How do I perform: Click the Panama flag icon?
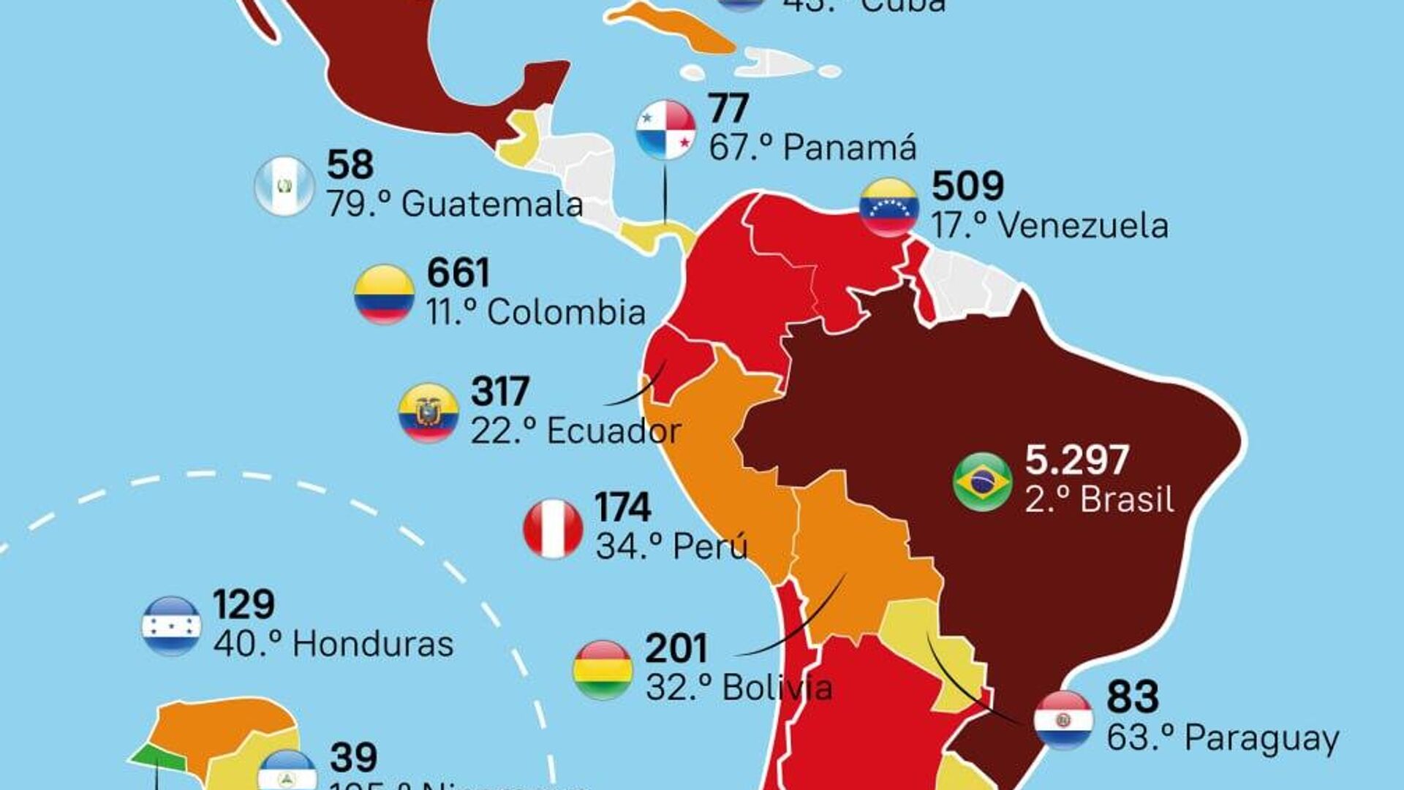click(x=665, y=130)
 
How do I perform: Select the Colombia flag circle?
click(x=384, y=295)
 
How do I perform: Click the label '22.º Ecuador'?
click(x=575, y=431)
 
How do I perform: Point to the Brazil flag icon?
click(x=982, y=482)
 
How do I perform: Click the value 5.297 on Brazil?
click(x=1076, y=460)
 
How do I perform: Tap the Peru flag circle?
click(x=553, y=528)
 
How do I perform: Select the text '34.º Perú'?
click(x=671, y=547)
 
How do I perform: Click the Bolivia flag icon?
click(x=603, y=669)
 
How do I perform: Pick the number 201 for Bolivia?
click(x=676, y=649)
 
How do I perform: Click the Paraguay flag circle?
click(x=1063, y=721)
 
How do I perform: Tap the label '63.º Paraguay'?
click(x=1222, y=738)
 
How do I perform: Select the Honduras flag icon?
click(x=171, y=626)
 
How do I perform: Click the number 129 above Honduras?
click(x=244, y=604)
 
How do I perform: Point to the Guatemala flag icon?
click(x=284, y=186)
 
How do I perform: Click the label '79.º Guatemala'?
click(x=454, y=205)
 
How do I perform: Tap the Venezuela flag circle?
click(x=888, y=207)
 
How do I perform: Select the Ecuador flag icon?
click(x=429, y=413)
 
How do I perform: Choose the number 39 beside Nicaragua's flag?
click(x=354, y=757)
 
